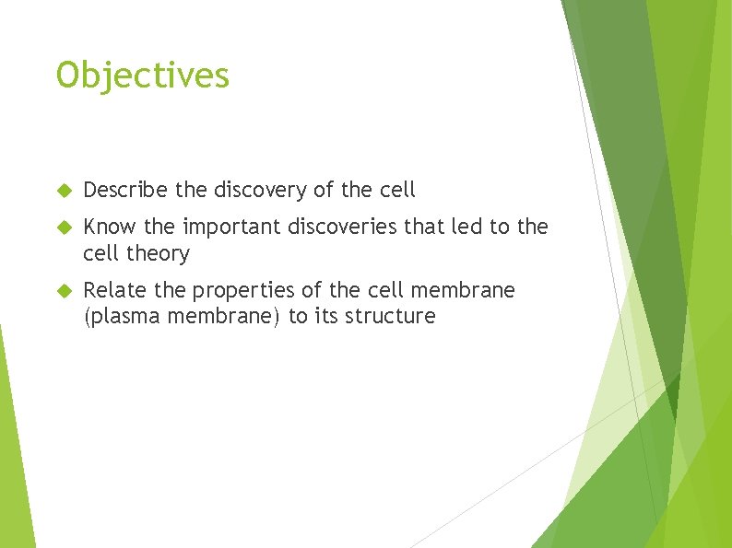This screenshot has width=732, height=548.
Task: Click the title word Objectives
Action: click(142, 76)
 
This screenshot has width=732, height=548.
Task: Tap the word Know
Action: click(106, 227)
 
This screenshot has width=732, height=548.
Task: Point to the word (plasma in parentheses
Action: click(121, 317)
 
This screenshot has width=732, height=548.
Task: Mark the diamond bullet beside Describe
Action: click(64, 191)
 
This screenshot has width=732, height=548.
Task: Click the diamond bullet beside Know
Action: click(64, 227)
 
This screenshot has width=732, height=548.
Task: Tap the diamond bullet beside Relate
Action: click(64, 291)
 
